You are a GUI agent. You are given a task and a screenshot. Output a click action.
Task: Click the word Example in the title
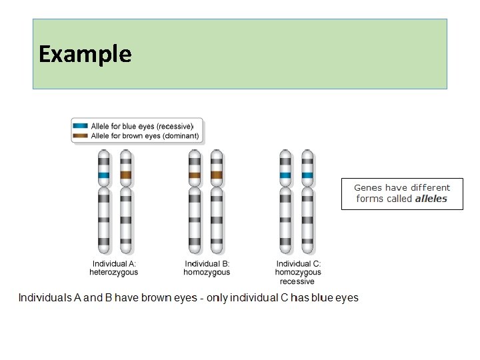[85, 54]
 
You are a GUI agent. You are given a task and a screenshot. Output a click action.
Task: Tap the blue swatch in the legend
[80, 126]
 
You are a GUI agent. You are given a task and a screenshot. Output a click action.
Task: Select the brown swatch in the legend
[80, 135]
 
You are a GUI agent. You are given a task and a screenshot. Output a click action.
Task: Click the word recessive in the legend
[175, 127]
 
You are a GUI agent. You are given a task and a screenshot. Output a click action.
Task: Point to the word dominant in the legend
[181, 136]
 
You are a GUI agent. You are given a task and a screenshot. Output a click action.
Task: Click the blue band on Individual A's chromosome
[104, 175]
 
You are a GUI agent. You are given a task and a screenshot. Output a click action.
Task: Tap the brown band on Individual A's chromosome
[126, 175]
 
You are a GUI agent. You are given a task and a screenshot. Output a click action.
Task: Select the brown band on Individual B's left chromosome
[195, 175]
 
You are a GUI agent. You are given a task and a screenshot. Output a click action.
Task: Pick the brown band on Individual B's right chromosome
[217, 175]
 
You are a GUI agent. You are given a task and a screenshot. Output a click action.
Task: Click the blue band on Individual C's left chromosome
[285, 175]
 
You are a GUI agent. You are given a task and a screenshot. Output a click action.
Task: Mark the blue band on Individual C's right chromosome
[307, 175]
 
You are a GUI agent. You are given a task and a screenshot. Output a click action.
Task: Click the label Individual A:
[114, 263]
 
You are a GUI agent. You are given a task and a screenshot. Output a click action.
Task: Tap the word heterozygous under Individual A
[114, 272]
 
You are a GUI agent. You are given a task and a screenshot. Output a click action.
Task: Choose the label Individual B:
[207, 263]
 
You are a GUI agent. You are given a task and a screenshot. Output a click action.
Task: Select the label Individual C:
[299, 263]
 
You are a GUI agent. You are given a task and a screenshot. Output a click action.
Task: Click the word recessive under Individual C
[297, 281]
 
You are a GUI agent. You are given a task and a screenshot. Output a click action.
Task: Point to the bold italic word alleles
[431, 199]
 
